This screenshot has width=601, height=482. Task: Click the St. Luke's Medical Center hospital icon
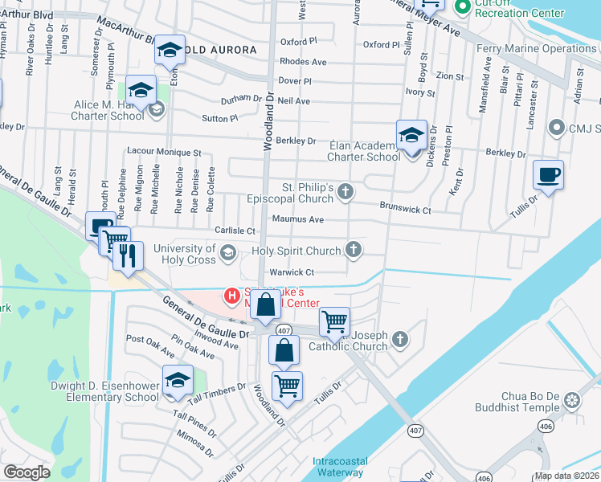point(233,296)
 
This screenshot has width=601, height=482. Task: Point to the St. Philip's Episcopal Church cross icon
point(345,190)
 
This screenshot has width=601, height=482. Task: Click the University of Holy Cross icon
point(228,253)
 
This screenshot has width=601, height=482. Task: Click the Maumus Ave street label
point(297,219)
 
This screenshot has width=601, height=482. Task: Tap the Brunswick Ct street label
point(406,209)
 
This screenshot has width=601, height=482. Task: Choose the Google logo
point(27,473)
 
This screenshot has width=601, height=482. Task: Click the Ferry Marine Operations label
point(547,48)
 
